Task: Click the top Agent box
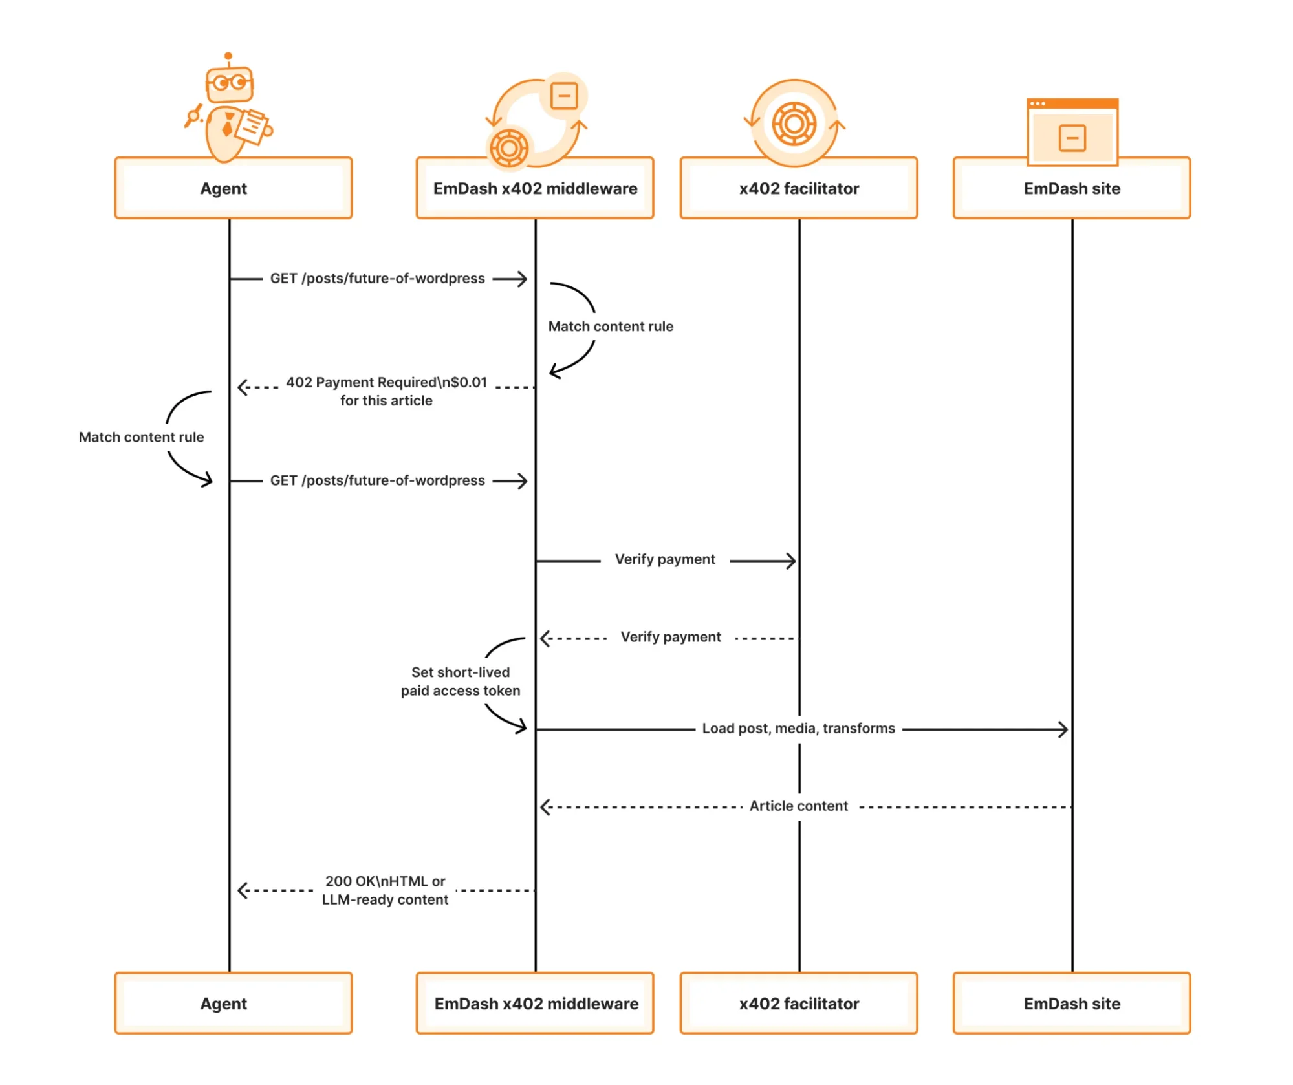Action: [x=233, y=188]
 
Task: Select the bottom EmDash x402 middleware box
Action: [x=535, y=1004]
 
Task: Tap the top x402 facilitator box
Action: [x=798, y=188]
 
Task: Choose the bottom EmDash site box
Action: [x=1071, y=1004]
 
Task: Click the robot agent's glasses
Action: [x=230, y=83]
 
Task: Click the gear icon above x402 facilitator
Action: [x=794, y=124]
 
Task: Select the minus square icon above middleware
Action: [x=563, y=96]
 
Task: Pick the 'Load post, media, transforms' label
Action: [x=798, y=729]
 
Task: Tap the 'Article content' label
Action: [x=798, y=806]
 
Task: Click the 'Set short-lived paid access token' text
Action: [x=460, y=682]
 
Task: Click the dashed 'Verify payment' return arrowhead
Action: [x=545, y=639]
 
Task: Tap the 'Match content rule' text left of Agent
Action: [x=141, y=437]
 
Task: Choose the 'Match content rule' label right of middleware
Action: [x=610, y=327]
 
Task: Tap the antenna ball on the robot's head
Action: [x=228, y=56]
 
